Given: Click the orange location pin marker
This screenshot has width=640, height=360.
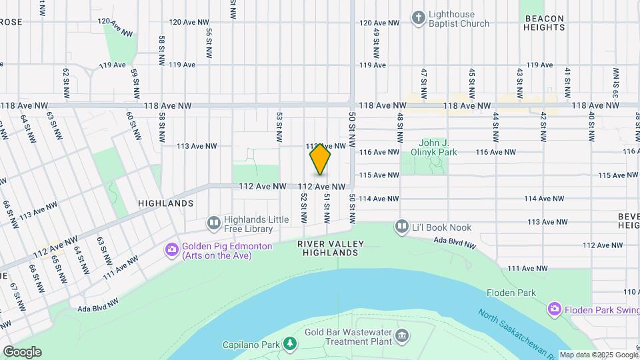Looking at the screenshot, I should [320, 159].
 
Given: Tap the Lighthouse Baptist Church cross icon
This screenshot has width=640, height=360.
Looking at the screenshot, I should [418, 17].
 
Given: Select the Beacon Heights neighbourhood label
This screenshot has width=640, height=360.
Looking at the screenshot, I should [545, 23].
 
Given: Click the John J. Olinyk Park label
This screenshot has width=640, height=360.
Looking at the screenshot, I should [438, 147].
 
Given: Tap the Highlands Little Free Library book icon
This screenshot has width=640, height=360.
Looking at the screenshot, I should [214, 223].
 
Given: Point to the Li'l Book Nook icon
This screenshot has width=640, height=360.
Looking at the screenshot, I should [401, 227].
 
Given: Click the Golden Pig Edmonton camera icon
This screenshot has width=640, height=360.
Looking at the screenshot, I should [171, 249].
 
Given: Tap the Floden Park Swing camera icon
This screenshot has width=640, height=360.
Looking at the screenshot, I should [554, 309].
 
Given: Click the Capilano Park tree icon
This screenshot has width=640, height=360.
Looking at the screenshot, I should [290, 344].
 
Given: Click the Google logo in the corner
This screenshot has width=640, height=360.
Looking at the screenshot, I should [22, 351].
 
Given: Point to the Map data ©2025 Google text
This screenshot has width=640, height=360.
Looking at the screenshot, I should [598, 355].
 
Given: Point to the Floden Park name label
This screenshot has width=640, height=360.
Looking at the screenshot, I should [511, 293].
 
